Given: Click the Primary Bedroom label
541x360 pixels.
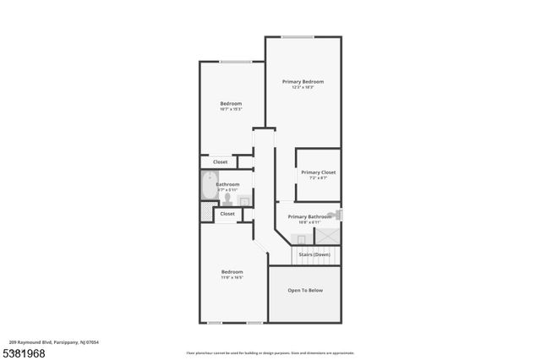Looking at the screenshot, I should tap(303, 81).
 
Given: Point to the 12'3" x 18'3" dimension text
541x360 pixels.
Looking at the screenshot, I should tap(303, 87).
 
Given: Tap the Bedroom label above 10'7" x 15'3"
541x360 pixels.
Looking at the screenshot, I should tap(231, 103).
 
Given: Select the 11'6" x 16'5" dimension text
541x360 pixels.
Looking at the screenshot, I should tap(232, 277).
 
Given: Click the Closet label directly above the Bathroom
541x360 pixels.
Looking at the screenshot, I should tap(220, 161).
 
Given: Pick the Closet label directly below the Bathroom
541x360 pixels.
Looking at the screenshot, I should tap(227, 214).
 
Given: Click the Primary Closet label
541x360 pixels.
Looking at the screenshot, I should tap(318, 172).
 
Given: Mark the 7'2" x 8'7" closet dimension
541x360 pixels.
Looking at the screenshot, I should tap(318, 178).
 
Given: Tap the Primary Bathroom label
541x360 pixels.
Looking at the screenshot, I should tap(309, 216).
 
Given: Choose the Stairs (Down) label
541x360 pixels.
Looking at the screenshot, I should tap(314, 254).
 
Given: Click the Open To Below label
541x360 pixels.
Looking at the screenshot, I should tap(305, 291).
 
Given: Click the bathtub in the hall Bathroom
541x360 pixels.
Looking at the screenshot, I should tap(208, 185).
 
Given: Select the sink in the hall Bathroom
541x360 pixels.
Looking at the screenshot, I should tap(243, 200).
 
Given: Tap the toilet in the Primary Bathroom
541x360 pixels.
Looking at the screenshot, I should tap(337, 215).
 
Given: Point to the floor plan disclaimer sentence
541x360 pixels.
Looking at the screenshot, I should tap(270, 352).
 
